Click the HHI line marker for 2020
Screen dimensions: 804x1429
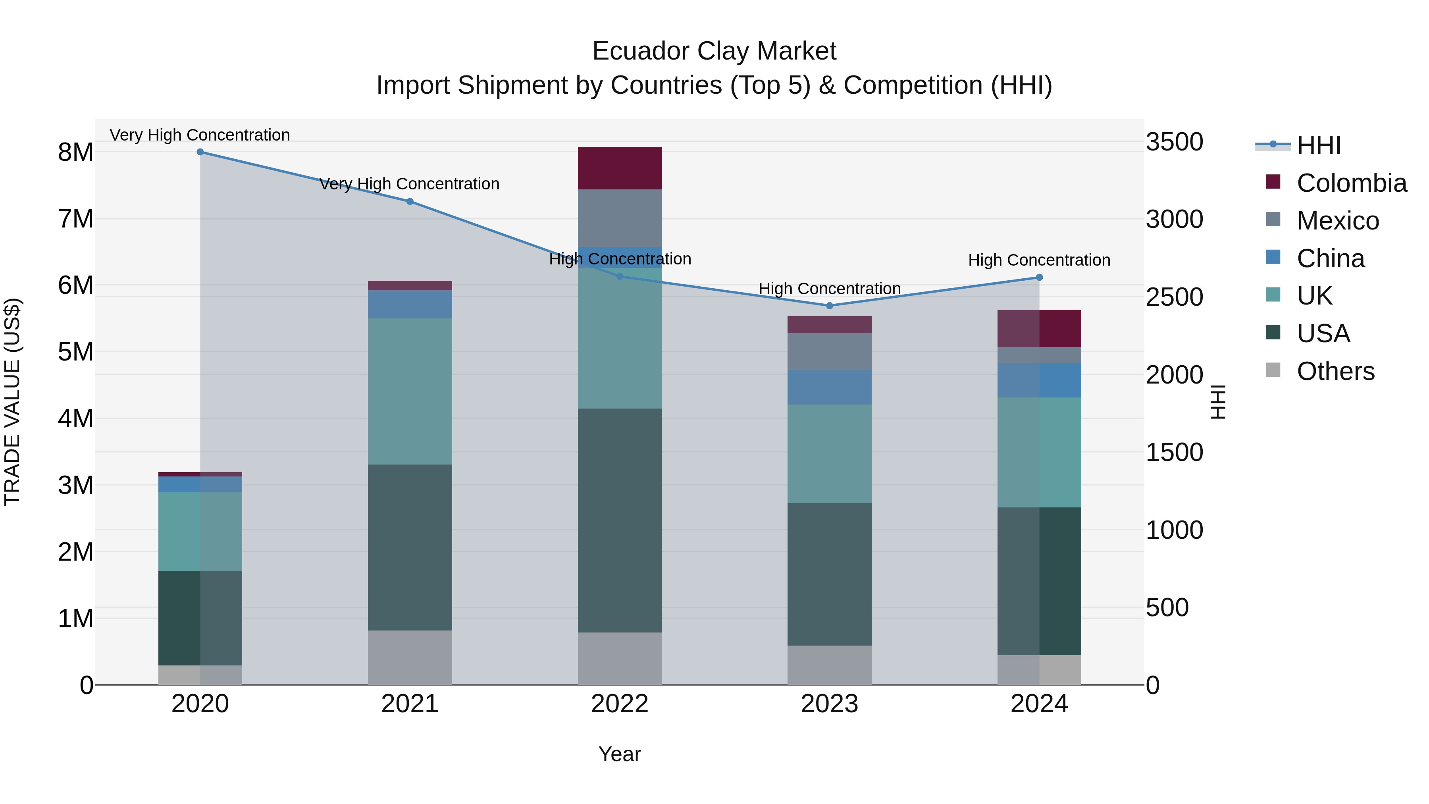(200, 152)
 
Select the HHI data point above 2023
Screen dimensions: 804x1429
(829, 306)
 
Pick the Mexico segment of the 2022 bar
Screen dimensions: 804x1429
(620, 218)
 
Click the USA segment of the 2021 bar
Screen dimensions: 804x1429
(410, 547)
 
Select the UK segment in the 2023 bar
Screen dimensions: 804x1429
(829, 454)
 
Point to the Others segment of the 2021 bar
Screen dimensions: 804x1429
(410, 657)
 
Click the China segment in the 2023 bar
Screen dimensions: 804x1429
(829, 387)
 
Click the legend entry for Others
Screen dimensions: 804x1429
(1336, 371)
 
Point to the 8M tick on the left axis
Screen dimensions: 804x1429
(76, 152)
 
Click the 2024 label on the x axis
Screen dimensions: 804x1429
(1039, 704)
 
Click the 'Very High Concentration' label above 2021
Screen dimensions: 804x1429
(409, 184)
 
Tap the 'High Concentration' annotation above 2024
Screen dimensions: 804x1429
(1039, 260)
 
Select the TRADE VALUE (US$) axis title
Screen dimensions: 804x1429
(12, 402)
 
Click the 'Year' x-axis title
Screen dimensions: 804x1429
(620, 754)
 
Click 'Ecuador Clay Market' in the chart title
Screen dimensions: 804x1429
(714, 51)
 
